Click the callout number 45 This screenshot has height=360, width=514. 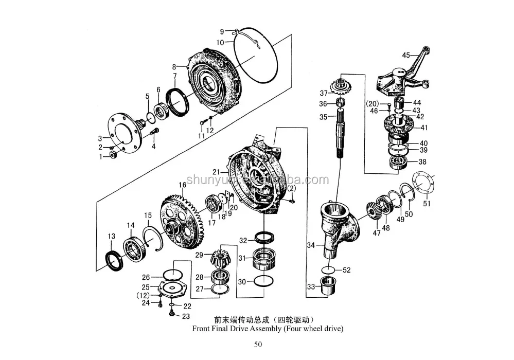click(x=406, y=55)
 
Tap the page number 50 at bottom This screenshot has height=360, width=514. click(x=257, y=344)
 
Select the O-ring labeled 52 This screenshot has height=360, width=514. click(x=327, y=270)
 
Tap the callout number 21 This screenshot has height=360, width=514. click(x=217, y=171)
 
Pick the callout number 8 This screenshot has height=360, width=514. click(x=174, y=66)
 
